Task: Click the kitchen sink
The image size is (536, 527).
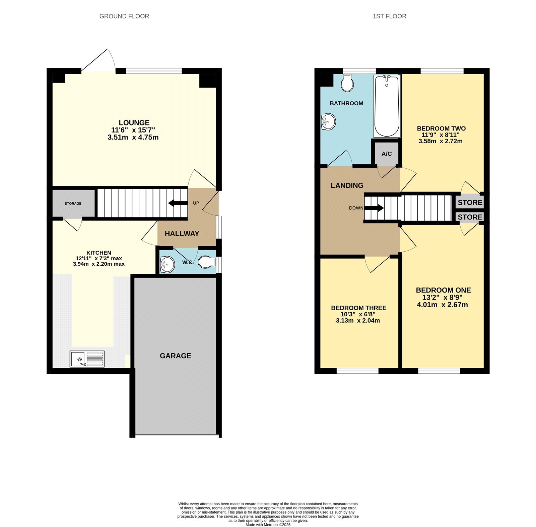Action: (87, 359)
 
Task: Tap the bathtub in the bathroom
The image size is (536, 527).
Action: (387, 106)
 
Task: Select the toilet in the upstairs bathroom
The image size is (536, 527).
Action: (347, 83)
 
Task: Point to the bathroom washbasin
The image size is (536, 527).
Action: (328, 121)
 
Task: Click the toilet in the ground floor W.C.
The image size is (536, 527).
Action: (207, 262)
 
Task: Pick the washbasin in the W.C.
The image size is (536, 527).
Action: (167, 264)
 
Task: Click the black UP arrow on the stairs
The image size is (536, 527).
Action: (178, 203)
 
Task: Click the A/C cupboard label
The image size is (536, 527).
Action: (387, 154)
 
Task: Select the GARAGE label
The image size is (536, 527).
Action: (176, 356)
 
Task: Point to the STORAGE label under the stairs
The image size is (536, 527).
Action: (73, 203)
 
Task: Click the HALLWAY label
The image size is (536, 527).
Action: (182, 233)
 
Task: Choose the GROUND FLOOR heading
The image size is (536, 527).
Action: (124, 16)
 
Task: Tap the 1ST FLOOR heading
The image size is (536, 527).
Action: (390, 16)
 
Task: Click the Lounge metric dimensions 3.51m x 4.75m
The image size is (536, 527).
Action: (133, 137)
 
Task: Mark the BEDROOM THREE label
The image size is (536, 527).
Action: (359, 308)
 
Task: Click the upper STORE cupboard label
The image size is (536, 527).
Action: (470, 202)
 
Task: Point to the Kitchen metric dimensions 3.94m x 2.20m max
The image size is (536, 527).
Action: (99, 264)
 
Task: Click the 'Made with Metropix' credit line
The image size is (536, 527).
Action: (268, 525)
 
